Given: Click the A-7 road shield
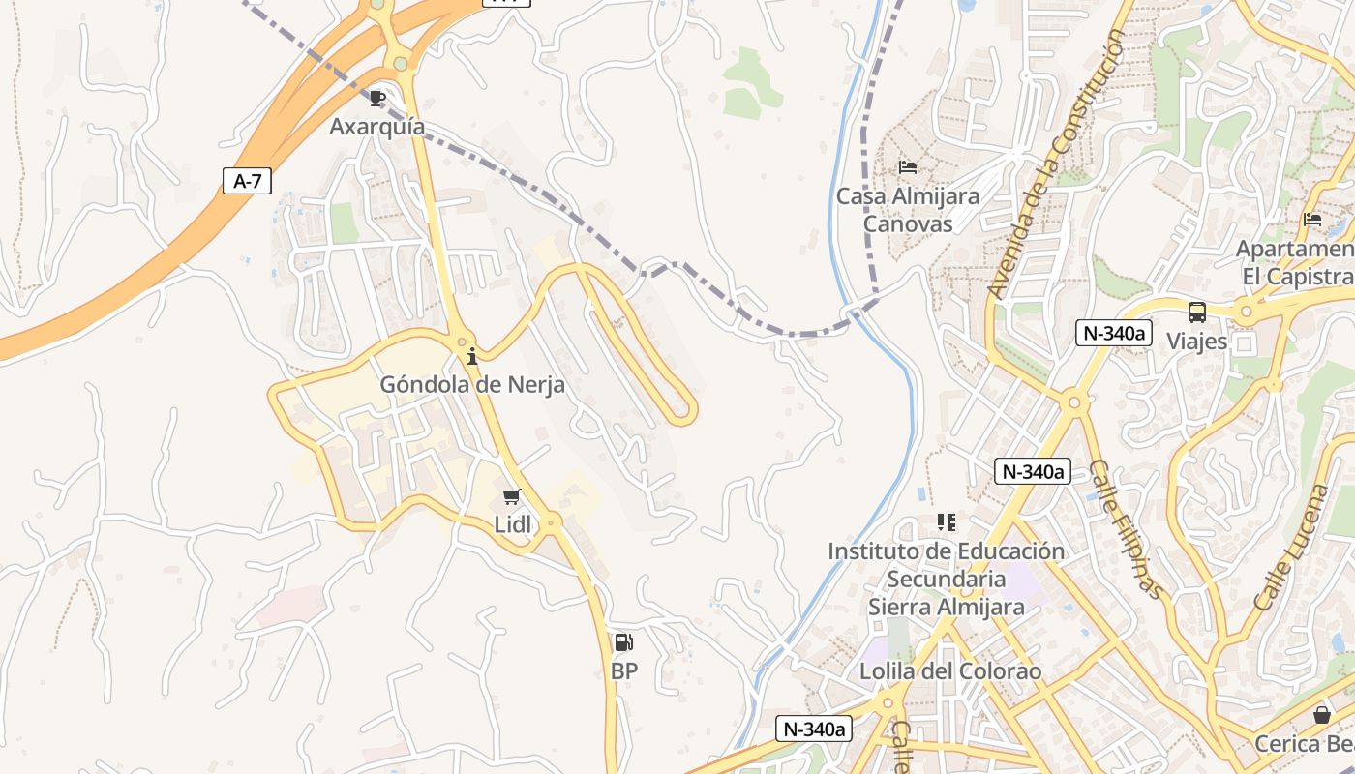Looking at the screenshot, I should [247, 181].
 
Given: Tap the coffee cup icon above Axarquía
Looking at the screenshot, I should [377, 98].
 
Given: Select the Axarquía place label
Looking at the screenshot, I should [377, 127].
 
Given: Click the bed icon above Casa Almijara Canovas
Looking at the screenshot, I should [907, 167].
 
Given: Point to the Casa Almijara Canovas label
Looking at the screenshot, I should [908, 210].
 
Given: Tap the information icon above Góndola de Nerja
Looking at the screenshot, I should [472, 356].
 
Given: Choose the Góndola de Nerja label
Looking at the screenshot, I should [472, 384].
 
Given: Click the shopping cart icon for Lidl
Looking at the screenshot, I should [512, 497].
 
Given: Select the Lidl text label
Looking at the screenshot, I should [513, 525].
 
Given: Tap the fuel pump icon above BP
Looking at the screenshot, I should [624, 641].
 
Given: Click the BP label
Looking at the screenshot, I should [624, 670].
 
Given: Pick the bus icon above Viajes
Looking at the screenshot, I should [1197, 313].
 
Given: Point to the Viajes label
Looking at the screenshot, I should [1197, 342].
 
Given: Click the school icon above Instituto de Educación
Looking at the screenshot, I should [946, 522].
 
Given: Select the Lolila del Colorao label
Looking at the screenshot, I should [950, 671].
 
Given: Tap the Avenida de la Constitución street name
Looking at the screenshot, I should [1057, 164].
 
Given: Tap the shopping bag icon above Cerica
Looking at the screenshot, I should [1322, 715].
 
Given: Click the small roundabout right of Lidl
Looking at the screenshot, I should [551, 522].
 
